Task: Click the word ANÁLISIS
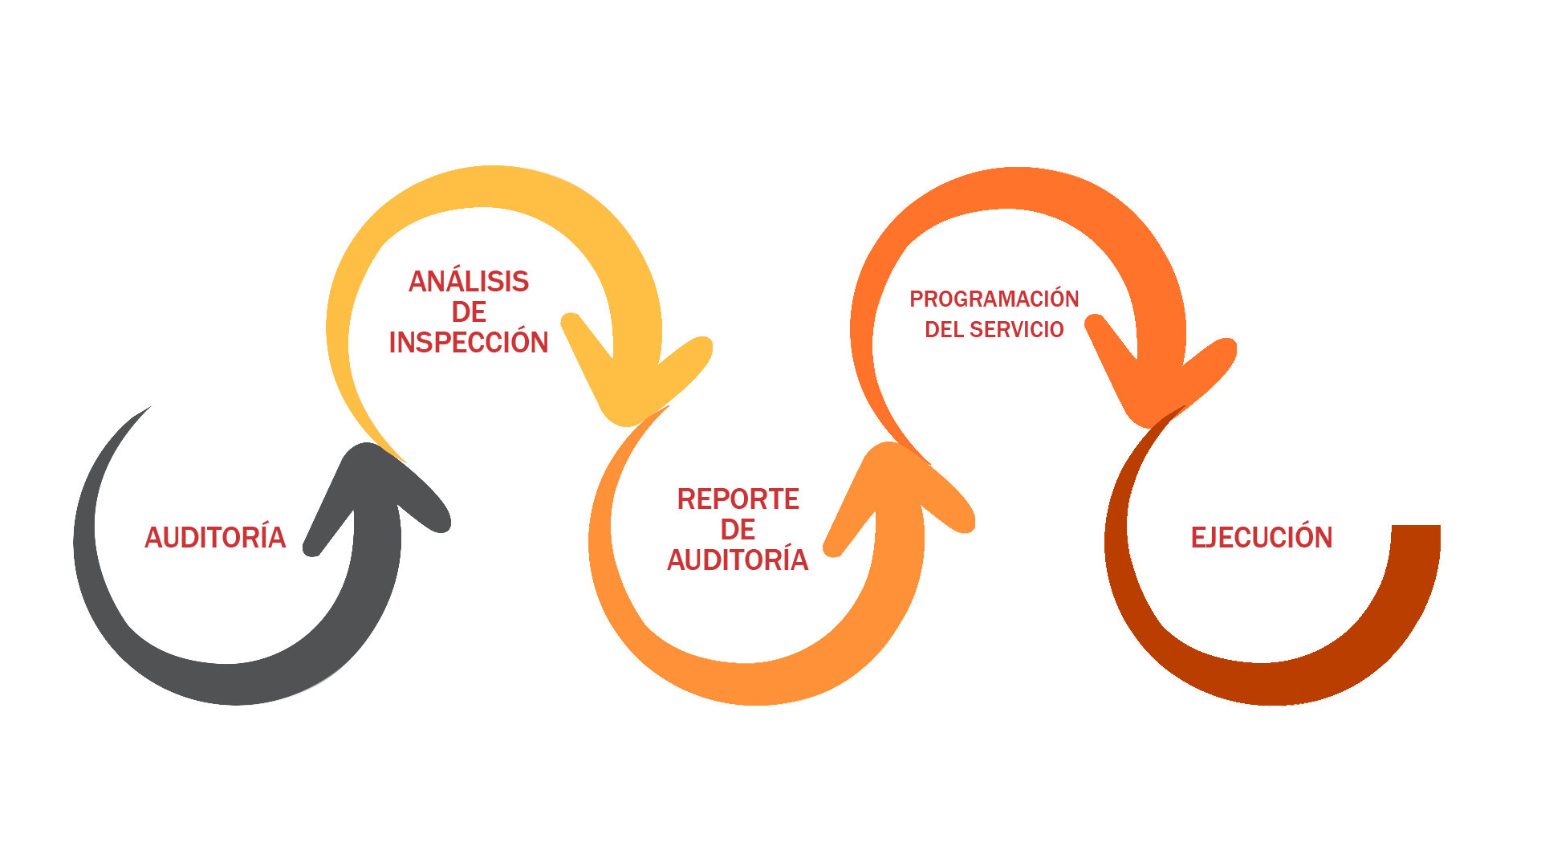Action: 469,282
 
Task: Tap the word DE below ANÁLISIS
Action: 469,311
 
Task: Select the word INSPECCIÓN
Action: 469,342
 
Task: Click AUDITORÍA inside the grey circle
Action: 215,536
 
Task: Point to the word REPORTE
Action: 738,499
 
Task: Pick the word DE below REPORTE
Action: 738,530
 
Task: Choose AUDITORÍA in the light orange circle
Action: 738,559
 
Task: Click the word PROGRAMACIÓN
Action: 994,299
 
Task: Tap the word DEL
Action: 944,329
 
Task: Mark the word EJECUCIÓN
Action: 1261,536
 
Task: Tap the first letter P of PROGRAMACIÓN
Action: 917,299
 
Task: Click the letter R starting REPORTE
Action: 686,499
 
